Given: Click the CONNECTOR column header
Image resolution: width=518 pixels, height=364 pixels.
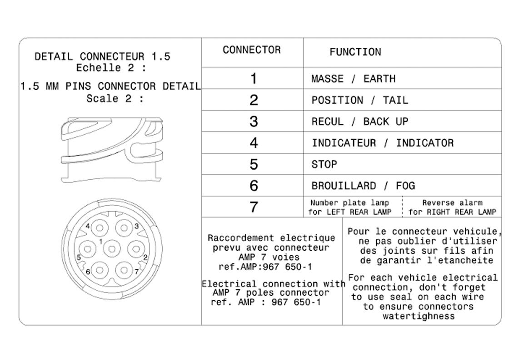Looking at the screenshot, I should [x=252, y=50].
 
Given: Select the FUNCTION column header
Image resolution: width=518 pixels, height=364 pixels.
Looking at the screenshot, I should [x=355, y=52].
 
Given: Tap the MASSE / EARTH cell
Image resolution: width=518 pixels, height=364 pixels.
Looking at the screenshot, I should [x=354, y=79].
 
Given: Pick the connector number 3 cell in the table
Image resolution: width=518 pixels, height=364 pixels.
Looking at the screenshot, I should [x=254, y=121].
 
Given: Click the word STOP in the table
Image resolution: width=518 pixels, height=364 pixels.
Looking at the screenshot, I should [x=324, y=164].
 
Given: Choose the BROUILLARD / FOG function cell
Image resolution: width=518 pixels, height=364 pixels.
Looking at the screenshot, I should [x=363, y=186].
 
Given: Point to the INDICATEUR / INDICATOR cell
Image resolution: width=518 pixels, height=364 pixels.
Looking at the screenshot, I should [x=383, y=143].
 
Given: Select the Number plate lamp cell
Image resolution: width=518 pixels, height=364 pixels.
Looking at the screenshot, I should [x=350, y=207].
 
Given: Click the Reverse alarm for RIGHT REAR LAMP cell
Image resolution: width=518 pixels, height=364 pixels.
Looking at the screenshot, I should [x=452, y=207].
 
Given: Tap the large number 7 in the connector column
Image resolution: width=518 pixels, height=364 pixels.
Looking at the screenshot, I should [x=254, y=207].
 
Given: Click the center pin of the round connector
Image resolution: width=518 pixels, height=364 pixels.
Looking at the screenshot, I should [x=111, y=248].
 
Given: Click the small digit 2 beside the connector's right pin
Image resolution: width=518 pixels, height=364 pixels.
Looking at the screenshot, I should [x=145, y=258].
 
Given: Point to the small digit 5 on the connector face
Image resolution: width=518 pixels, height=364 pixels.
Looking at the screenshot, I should [x=79, y=258].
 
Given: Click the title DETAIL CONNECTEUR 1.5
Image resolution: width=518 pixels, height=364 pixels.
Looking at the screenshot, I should [x=103, y=57].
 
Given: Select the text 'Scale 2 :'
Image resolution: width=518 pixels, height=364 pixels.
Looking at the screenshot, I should [x=115, y=99].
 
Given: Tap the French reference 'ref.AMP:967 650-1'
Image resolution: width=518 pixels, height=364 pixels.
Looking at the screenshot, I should [x=265, y=267].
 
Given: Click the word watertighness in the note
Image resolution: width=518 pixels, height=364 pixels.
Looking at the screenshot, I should [x=418, y=316].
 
